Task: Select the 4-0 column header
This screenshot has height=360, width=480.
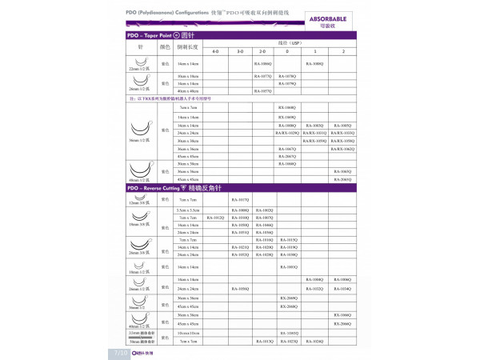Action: pos(215,51)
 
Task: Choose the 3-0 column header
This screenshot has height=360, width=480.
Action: pos(239,51)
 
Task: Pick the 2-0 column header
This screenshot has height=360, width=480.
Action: pos(262,51)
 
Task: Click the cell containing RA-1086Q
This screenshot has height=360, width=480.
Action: pos(262,62)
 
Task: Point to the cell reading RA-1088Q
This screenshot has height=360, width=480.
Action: pos(315,62)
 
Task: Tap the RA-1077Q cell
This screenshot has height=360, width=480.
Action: pos(262,76)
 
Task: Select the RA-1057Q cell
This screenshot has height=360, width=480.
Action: pos(262,91)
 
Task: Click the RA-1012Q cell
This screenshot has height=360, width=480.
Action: pos(215,218)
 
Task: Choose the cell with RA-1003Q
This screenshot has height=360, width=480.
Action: pos(289,267)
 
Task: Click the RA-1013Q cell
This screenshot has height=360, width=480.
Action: pos(262,341)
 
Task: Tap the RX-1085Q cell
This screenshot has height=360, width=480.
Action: pos(315,126)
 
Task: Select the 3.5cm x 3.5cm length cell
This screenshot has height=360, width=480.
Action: pos(189,210)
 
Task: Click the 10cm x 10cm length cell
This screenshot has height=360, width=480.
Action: pos(189,332)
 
